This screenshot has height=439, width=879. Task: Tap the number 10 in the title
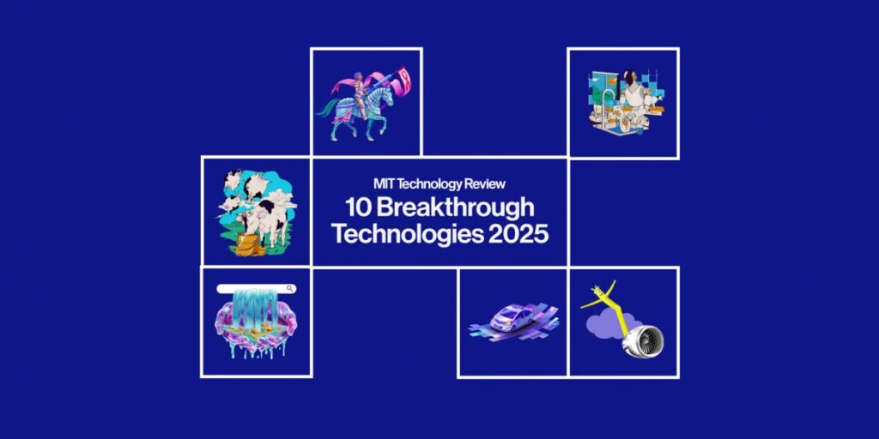point(357,207)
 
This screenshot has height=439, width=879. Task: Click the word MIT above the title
point(384,183)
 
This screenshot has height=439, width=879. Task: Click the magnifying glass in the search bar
point(289,288)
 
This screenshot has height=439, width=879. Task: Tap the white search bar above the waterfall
point(256,289)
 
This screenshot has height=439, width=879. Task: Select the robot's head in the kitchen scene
point(628,79)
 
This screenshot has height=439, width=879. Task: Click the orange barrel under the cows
point(248,244)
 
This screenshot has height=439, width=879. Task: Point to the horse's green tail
point(327,110)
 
